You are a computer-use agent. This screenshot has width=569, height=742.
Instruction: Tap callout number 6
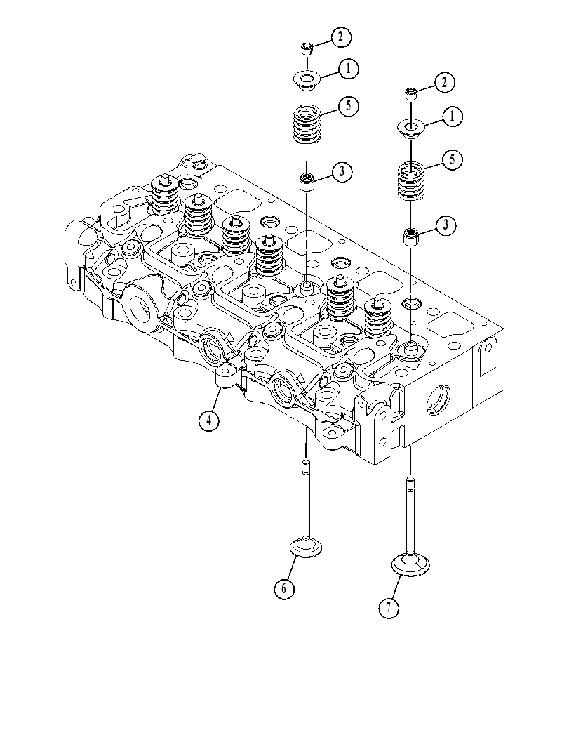click(284, 588)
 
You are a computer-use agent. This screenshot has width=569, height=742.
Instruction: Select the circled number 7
click(389, 608)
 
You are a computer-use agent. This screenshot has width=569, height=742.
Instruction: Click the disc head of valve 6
click(307, 549)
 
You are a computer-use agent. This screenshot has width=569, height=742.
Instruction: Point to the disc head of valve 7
click(410, 565)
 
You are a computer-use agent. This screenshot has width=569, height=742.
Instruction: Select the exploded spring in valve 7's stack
click(410, 181)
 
